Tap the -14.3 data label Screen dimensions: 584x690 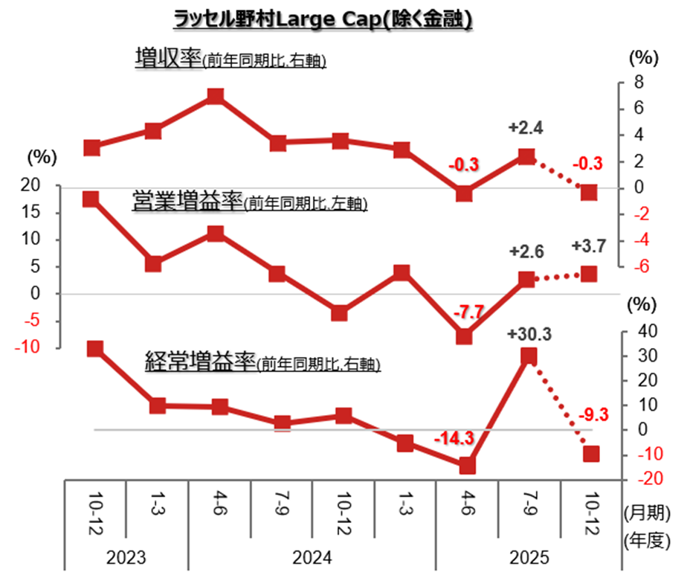click(x=453, y=439)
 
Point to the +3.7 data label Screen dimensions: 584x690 click(x=588, y=246)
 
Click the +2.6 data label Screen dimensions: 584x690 click(x=526, y=251)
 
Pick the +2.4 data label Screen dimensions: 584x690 click(x=526, y=128)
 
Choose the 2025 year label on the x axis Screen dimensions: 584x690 click(x=529, y=557)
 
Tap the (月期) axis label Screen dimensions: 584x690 click(x=646, y=513)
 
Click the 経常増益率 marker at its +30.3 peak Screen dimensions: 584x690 click(x=528, y=356)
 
